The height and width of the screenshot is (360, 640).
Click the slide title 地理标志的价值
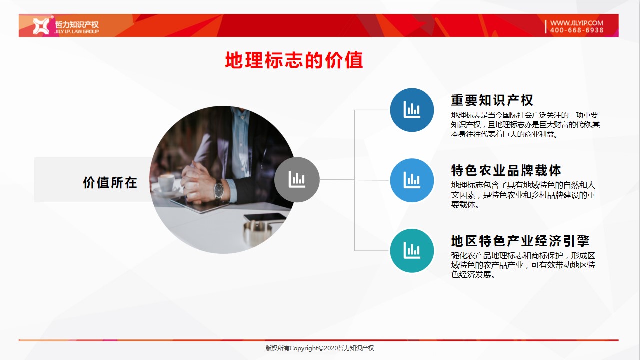294,60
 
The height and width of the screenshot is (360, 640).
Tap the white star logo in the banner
41,26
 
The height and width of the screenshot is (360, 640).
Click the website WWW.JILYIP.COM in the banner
577,23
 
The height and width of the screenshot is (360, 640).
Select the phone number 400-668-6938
577,30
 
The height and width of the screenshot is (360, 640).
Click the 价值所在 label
110,182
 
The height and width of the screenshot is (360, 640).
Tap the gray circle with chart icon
297,179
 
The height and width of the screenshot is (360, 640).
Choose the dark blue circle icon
412,110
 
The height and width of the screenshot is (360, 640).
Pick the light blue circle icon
412,180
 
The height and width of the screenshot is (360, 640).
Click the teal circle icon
412,251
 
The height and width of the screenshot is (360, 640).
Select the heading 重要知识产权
492,100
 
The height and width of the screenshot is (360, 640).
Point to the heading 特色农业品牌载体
506,170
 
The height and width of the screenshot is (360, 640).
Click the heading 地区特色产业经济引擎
520,241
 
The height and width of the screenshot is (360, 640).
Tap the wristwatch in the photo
219,190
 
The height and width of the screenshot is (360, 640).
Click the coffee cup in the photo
166,183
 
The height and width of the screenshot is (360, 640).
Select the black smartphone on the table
265,217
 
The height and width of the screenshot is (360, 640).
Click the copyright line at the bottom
319,348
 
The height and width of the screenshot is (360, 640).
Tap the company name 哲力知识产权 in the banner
77,24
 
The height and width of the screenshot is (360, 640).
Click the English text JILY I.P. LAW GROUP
76,31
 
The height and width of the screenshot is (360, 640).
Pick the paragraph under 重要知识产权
525,125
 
